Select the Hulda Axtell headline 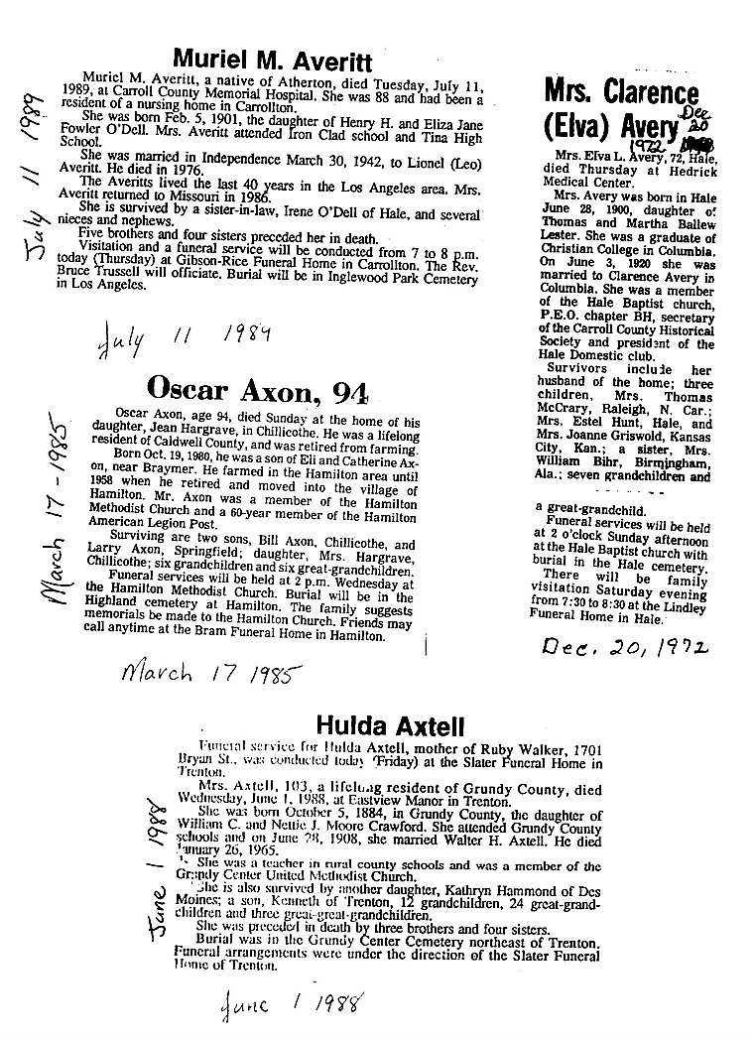tap(383, 725)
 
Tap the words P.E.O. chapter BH tap(600, 316)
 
